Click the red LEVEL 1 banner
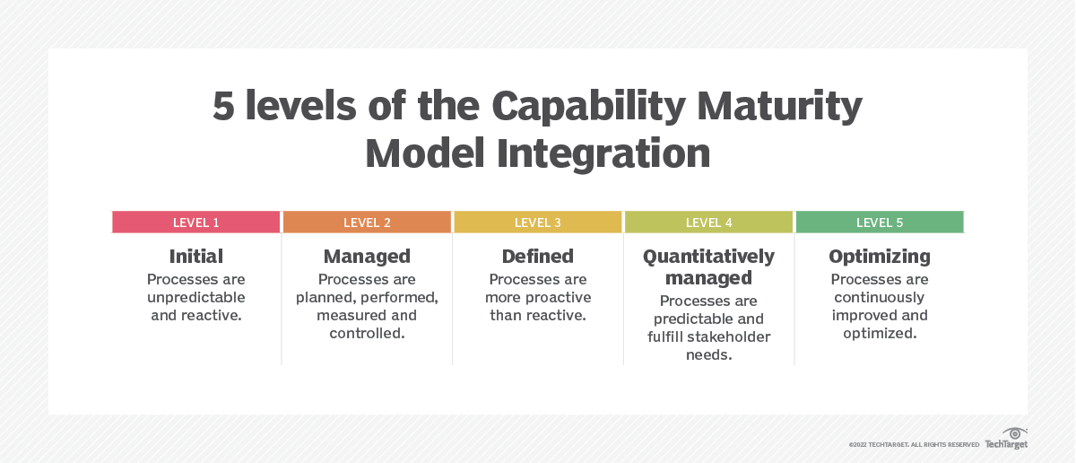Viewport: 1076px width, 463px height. [x=196, y=223]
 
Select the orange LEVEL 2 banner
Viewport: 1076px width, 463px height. [x=367, y=223]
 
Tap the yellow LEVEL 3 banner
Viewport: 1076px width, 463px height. [x=538, y=223]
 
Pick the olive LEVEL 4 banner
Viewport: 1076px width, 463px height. [x=708, y=223]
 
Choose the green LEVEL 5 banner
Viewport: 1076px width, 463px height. [x=880, y=223]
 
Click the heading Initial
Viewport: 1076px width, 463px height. [x=196, y=257]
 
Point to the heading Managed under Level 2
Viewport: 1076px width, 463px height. [x=367, y=257]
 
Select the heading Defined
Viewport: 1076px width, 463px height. [x=538, y=257]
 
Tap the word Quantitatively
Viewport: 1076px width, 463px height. [x=708, y=257]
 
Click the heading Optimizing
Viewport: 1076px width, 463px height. [x=880, y=257]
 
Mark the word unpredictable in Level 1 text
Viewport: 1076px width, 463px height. [x=196, y=297]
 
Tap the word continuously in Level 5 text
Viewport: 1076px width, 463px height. [x=880, y=297]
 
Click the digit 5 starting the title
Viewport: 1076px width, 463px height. [x=223, y=109]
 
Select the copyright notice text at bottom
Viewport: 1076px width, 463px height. [x=914, y=444]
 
